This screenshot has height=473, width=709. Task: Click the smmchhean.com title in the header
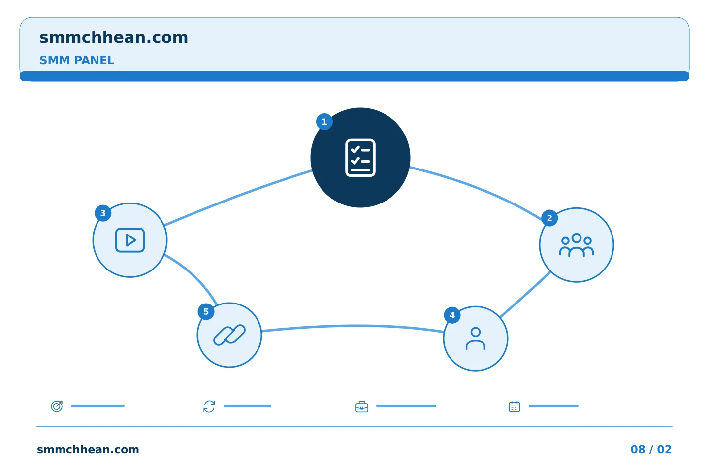(114, 38)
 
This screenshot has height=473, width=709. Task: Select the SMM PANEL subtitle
(77, 60)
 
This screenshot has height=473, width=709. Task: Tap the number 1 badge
(324, 122)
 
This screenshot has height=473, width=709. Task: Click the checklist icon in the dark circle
(360, 158)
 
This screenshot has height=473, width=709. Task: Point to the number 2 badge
(549, 218)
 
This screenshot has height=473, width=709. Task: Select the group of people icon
(577, 245)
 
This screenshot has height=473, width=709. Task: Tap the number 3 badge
(103, 213)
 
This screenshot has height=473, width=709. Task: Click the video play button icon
(130, 240)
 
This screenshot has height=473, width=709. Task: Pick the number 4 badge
(452, 315)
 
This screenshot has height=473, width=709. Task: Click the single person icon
(476, 338)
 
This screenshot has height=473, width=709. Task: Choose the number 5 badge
(206, 312)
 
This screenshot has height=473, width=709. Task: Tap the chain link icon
(229, 335)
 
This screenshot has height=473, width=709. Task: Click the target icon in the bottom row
(57, 406)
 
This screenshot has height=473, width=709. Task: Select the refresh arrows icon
(209, 406)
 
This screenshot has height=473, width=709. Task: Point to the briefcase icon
(362, 406)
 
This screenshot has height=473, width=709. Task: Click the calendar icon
(515, 406)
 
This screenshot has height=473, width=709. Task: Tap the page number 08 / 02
(651, 449)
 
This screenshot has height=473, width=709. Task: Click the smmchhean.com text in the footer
(88, 449)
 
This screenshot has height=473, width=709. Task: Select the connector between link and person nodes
(353, 326)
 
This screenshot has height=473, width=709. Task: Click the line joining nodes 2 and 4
(525, 295)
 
